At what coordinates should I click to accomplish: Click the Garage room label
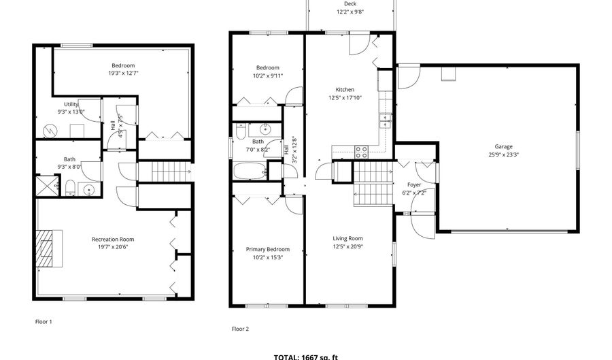pyautogui.click(x=503, y=146)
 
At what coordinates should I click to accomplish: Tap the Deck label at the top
pyautogui.click(x=350, y=4)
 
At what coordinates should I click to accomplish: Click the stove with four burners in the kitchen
pyautogui.click(x=362, y=152)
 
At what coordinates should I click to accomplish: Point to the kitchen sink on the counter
pyautogui.click(x=385, y=120)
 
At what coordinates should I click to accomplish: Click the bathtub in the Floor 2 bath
pyautogui.click(x=250, y=170)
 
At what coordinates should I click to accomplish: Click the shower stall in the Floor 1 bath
pyautogui.click(x=48, y=186)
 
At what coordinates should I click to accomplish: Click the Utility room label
pyautogui.click(x=71, y=104)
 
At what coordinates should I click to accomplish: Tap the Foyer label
pyautogui.click(x=413, y=184)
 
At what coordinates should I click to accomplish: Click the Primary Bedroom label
pyautogui.click(x=267, y=249)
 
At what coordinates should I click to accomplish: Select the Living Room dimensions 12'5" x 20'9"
pyautogui.click(x=347, y=246)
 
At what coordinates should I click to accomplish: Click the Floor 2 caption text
pyautogui.click(x=240, y=329)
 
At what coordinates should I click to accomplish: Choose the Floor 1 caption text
pyautogui.click(x=44, y=321)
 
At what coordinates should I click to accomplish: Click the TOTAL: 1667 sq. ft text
pyautogui.click(x=305, y=357)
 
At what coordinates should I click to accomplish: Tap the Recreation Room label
pyautogui.click(x=113, y=239)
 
